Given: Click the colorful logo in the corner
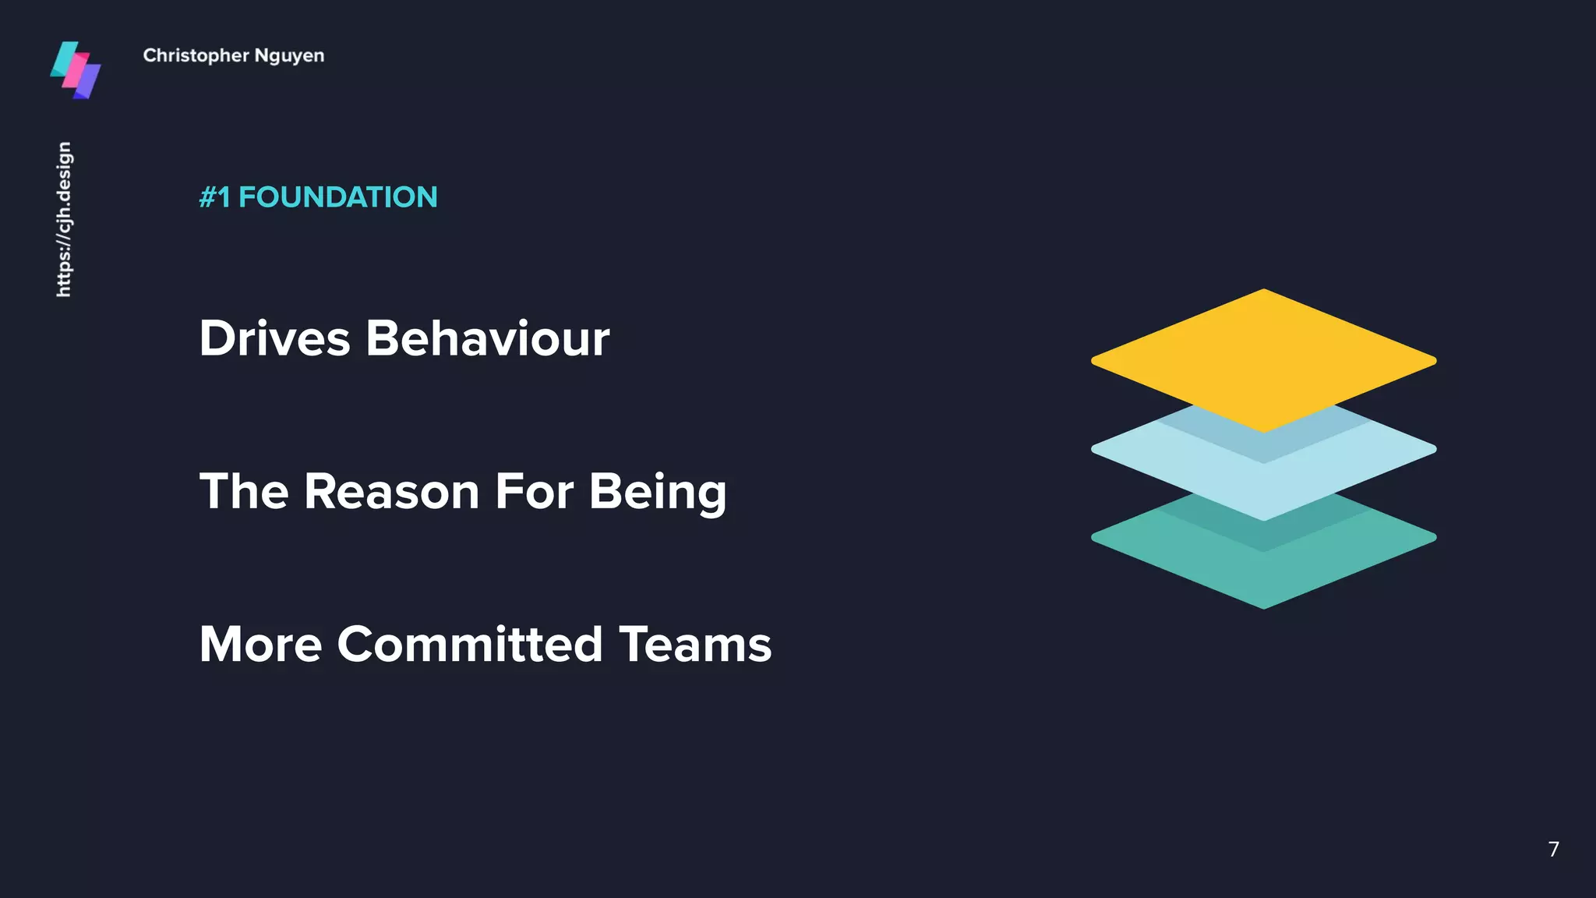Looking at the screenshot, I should (76, 70).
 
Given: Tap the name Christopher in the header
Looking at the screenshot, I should (196, 56).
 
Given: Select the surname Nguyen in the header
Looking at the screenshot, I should (289, 56).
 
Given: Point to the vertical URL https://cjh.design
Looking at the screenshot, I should (64, 219).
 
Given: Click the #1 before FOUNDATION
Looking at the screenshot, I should (214, 197).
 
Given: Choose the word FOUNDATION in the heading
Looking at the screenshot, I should (337, 197).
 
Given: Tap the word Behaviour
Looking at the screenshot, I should (487, 338).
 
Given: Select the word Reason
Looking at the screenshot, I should (391, 491).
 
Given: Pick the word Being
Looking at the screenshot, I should (657, 493).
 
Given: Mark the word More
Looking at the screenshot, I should (260, 645).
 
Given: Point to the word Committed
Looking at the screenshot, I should (470, 645).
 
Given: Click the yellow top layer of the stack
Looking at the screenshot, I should (1263, 355).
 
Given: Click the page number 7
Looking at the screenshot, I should (1553, 849).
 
